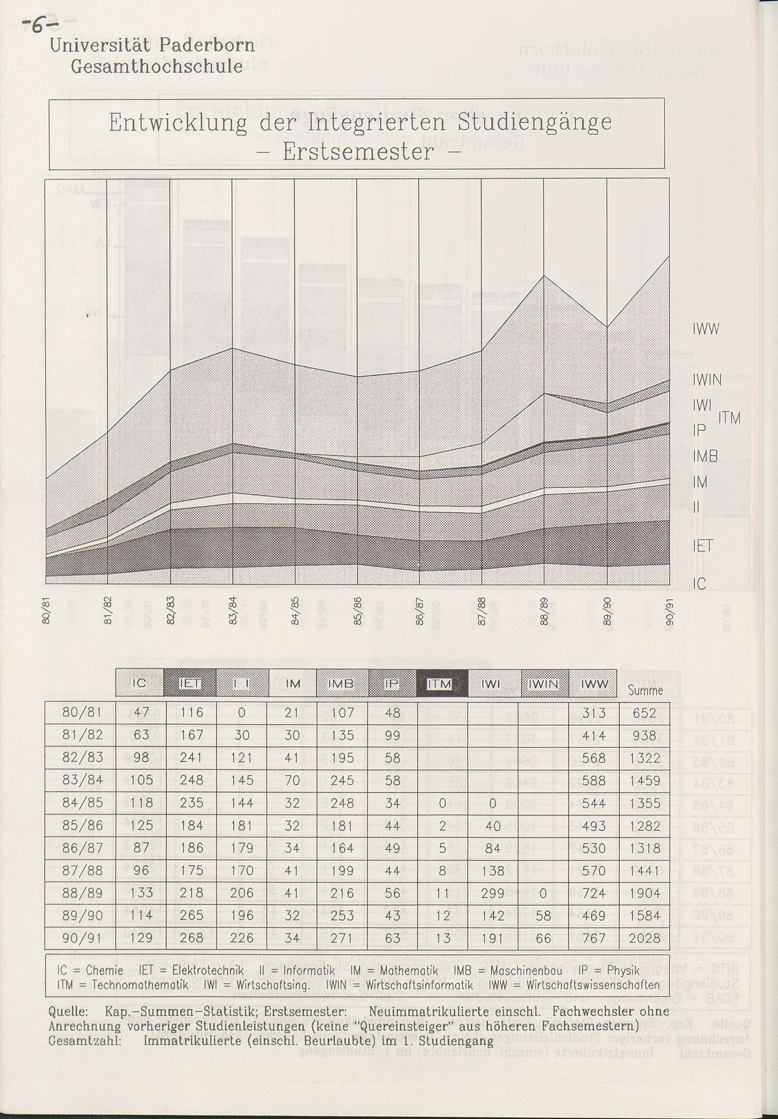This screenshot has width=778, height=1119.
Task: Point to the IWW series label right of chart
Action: tap(705, 329)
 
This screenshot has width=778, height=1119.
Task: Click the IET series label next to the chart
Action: tap(702, 546)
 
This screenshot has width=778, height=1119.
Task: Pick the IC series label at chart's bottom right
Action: tap(699, 584)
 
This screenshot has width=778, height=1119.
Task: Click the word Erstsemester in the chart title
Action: tap(358, 152)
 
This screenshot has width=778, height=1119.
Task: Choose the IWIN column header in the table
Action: tap(543, 684)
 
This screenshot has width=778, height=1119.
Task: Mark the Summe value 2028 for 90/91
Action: tap(644, 938)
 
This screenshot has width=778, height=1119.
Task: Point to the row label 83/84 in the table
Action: tap(82, 780)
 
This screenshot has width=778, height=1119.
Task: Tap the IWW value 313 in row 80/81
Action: tap(594, 713)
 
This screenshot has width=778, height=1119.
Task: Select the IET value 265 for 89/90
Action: tap(192, 915)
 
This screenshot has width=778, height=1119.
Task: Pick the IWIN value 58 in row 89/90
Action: tap(543, 915)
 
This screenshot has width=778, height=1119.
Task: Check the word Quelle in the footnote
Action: tap(68, 1011)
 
